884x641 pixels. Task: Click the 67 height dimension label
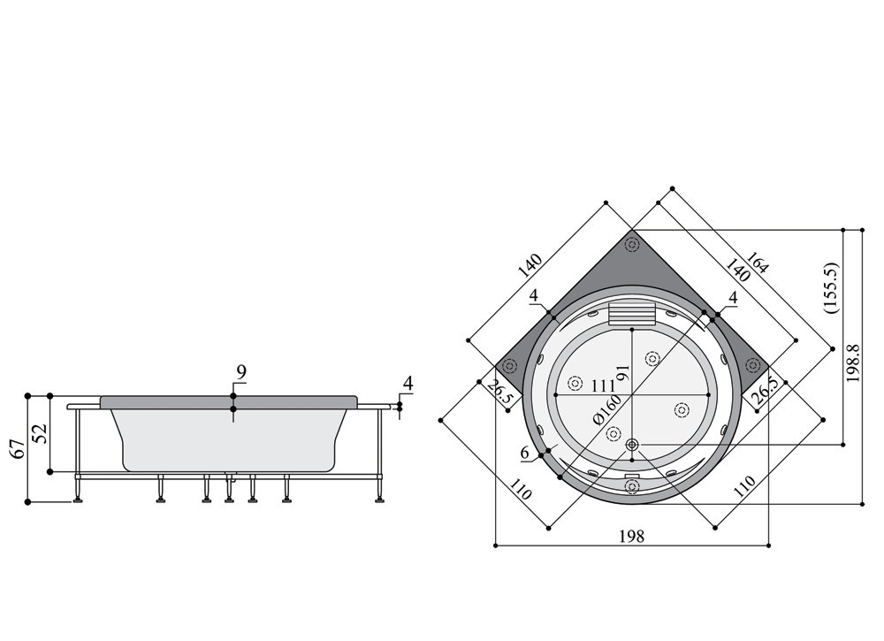[18, 449]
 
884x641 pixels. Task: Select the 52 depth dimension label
[40, 433]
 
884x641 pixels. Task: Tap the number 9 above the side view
[241, 372]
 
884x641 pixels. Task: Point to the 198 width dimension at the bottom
[631, 536]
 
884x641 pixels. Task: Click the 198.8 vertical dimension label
[854, 363]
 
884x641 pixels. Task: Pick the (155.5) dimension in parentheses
[832, 287]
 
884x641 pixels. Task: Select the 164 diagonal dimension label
[757, 263]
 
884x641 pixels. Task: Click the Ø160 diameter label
[607, 410]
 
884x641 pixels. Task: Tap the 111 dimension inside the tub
[603, 386]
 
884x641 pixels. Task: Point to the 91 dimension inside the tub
[622, 372]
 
